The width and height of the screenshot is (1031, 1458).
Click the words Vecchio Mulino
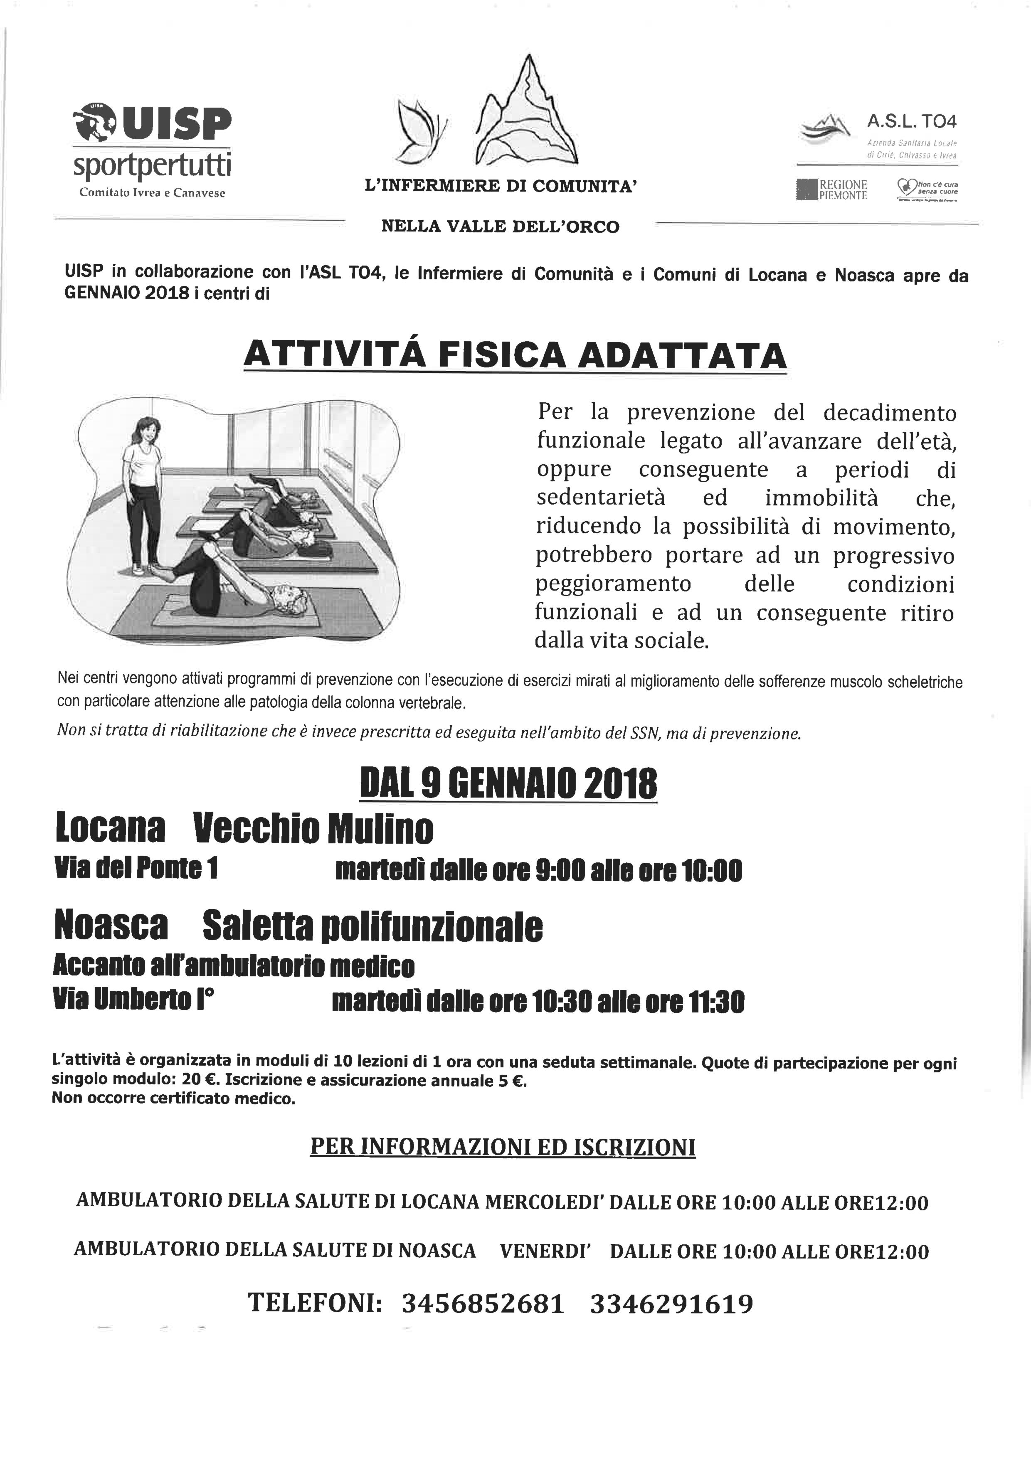click(313, 828)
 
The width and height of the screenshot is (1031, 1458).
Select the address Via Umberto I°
click(133, 1001)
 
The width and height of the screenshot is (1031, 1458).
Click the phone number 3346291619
click(671, 1304)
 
